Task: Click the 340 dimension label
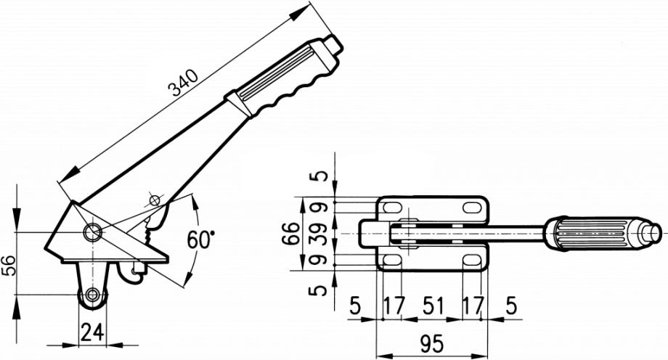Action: [184, 82]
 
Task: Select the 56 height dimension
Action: [9, 266]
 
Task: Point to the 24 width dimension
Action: [92, 332]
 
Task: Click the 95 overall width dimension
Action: [431, 344]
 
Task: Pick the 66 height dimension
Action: [291, 233]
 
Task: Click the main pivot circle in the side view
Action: [92, 232]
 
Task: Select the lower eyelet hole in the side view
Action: [92, 294]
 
